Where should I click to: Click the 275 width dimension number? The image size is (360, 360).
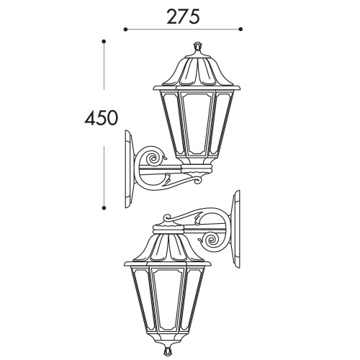coord(183,17)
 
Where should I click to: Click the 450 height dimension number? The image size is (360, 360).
coord(102,118)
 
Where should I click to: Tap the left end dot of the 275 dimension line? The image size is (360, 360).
coord(125,30)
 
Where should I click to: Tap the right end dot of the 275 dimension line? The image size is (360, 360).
coord(240,30)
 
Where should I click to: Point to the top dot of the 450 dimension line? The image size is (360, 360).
coord(104,42)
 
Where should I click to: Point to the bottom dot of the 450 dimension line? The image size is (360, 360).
coord(104,208)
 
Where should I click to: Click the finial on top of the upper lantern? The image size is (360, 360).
coord(197,47)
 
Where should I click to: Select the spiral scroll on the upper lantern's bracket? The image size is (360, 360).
coord(153,158)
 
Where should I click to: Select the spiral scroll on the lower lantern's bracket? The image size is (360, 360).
coord(212,240)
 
